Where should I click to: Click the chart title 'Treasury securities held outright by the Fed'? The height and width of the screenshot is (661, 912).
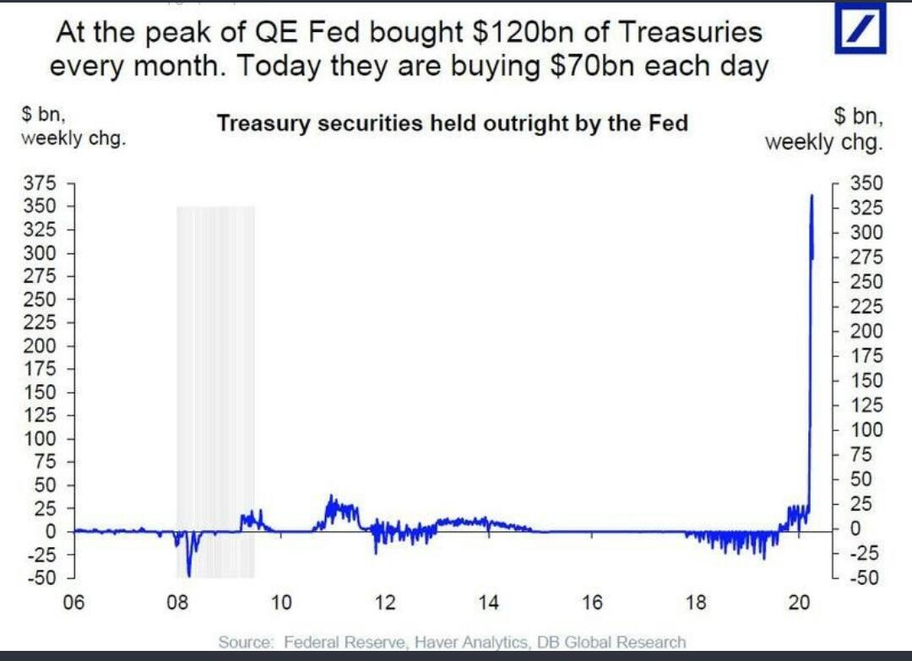tap(453, 123)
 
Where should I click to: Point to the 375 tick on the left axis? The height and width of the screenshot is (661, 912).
tap(43, 183)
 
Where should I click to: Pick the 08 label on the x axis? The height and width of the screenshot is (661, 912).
tap(176, 603)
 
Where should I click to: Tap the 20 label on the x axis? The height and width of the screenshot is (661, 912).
tap(799, 603)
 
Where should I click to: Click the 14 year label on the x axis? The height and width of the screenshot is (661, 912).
tap(488, 603)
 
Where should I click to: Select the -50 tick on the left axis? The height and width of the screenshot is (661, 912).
tap(41, 578)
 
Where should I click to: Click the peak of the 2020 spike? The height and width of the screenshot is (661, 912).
tap(812, 196)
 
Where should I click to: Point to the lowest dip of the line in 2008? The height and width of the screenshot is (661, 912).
tap(189, 576)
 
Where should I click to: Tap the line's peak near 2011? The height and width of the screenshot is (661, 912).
tap(331, 496)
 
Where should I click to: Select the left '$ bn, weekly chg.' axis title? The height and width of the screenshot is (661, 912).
tap(73, 127)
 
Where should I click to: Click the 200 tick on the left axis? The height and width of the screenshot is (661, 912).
tap(43, 346)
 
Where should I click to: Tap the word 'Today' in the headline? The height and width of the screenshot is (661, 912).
tap(279, 67)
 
